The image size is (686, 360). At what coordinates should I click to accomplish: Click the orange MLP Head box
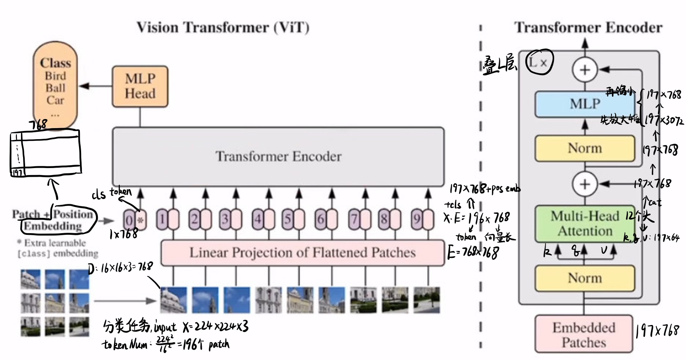click(x=140, y=86)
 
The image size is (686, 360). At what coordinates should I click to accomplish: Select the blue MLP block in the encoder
click(x=585, y=104)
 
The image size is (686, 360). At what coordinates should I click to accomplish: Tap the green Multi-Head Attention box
click(x=585, y=224)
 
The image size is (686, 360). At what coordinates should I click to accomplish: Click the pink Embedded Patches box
click(x=584, y=334)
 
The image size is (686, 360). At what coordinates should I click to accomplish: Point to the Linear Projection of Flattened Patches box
click(x=302, y=252)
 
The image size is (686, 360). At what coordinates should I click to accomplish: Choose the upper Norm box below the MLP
click(x=585, y=148)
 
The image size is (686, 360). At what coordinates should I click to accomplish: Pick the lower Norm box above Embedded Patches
click(x=585, y=278)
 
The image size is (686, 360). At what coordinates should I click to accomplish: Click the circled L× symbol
click(x=539, y=63)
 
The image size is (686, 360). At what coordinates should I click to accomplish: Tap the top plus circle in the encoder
click(x=585, y=70)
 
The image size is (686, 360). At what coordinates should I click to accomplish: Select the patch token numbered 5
click(x=293, y=219)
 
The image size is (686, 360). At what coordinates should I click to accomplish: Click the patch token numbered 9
click(x=422, y=219)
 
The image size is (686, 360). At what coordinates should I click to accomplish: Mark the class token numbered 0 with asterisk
click(x=135, y=220)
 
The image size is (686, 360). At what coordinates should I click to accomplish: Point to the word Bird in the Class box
click(x=55, y=76)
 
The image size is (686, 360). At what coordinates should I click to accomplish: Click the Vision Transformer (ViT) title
click(x=223, y=28)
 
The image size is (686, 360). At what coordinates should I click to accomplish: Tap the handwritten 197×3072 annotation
click(x=664, y=120)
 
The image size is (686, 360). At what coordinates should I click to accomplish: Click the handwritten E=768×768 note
click(x=473, y=252)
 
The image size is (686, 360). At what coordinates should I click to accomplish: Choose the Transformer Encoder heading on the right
click(x=588, y=28)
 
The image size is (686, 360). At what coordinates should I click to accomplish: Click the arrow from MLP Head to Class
click(x=95, y=86)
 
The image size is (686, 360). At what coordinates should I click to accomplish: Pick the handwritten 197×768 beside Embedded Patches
click(x=657, y=330)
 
